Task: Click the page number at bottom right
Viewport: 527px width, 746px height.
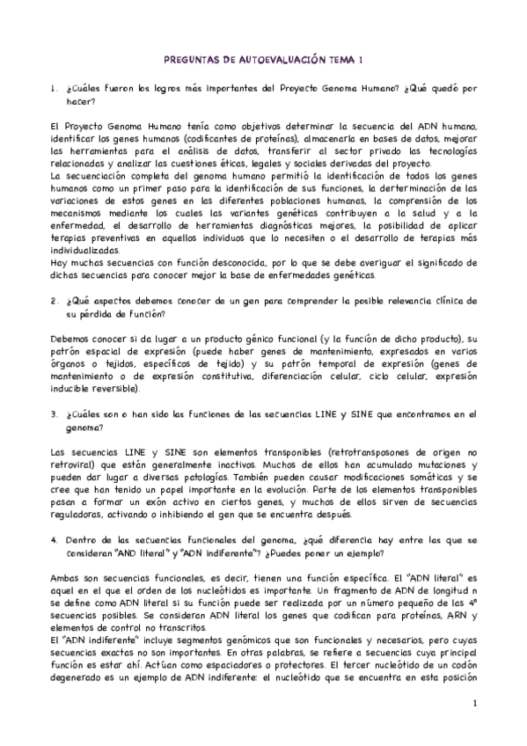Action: click(x=473, y=703)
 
